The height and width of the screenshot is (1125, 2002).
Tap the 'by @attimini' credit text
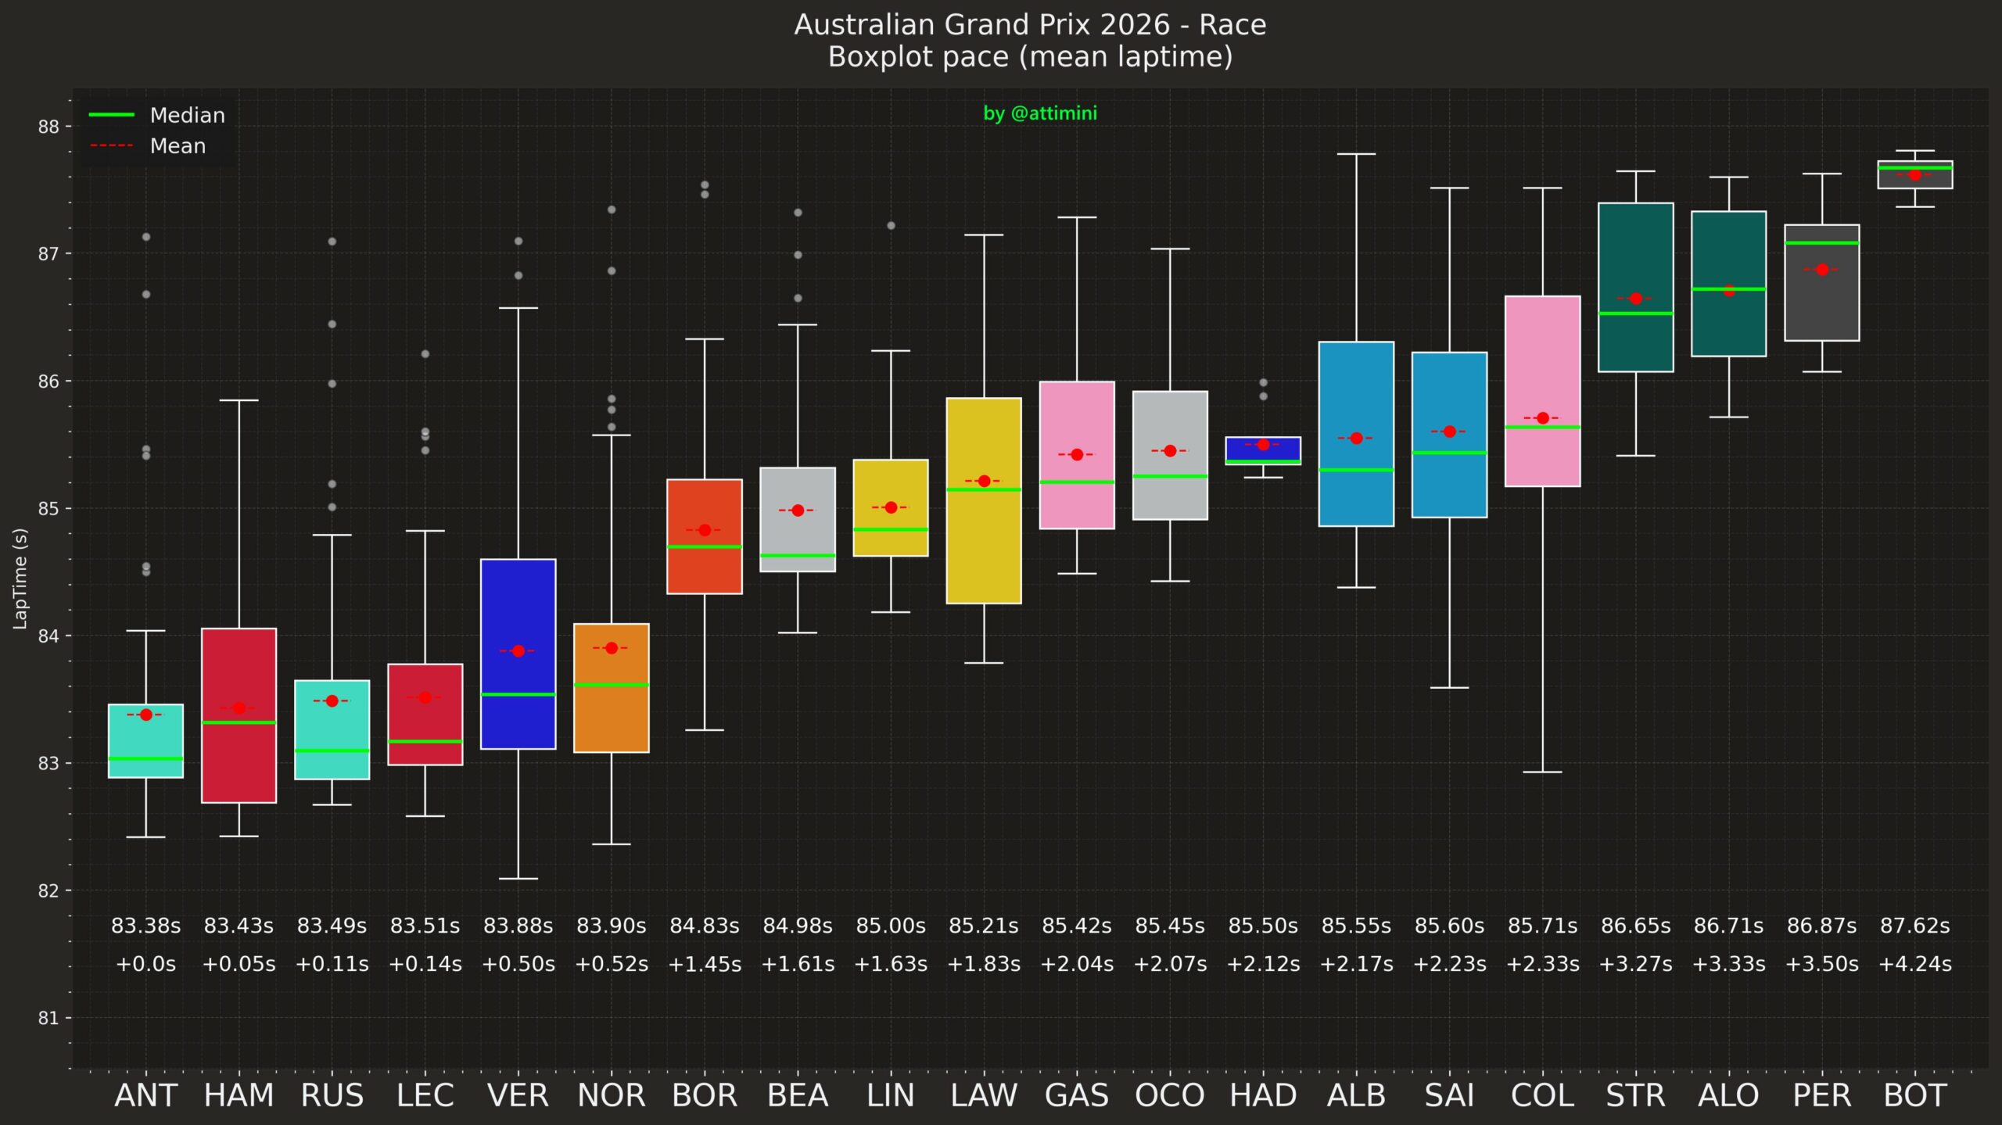tap(1039, 113)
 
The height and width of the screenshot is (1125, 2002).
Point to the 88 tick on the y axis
tap(48, 127)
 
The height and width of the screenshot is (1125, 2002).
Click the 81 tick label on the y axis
tap(48, 1018)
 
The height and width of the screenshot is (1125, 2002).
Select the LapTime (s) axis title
tap(20, 579)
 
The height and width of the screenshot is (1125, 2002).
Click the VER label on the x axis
tap(518, 1095)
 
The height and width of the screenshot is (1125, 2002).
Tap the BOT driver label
tap(1914, 1095)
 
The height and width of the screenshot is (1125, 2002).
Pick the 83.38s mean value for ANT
tap(145, 926)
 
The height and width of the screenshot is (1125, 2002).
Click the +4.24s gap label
tap(1914, 964)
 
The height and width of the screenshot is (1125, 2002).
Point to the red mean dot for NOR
tap(612, 648)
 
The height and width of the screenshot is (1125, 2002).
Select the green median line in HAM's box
tap(239, 722)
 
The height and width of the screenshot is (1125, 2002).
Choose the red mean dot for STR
tap(1635, 299)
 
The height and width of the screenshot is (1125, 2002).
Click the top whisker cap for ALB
tap(1356, 154)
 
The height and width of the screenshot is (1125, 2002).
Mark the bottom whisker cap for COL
tap(1542, 772)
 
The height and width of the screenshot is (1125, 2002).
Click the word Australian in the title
tap(864, 25)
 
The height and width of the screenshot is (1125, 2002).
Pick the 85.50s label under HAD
tap(1263, 926)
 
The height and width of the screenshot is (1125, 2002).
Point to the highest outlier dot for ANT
tap(146, 237)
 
